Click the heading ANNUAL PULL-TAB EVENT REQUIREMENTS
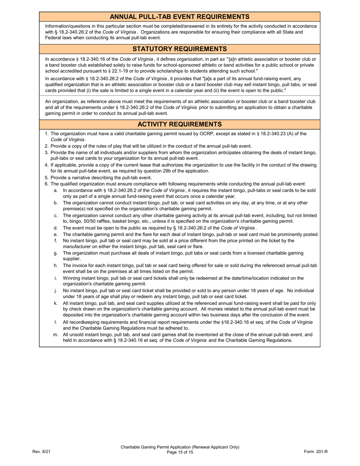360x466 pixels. click(x=180, y=17)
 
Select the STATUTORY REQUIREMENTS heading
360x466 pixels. click(x=180, y=49)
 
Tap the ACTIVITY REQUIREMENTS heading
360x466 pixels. click(x=180, y=124)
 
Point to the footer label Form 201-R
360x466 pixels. click(x=316, y=452)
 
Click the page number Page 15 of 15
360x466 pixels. click(x=180, y=452)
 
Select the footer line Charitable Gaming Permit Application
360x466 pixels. click(x=180, y=447)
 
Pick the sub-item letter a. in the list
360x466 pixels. click(x=56, y=191)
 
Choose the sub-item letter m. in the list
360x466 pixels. click(x=56, y=335)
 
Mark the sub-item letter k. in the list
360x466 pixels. click(x=56, y=303)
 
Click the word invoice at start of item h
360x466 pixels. click(x=80, y=266)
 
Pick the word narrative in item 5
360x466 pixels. click(x=89, y=177)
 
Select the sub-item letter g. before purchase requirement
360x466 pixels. click(x=56, y=253)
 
